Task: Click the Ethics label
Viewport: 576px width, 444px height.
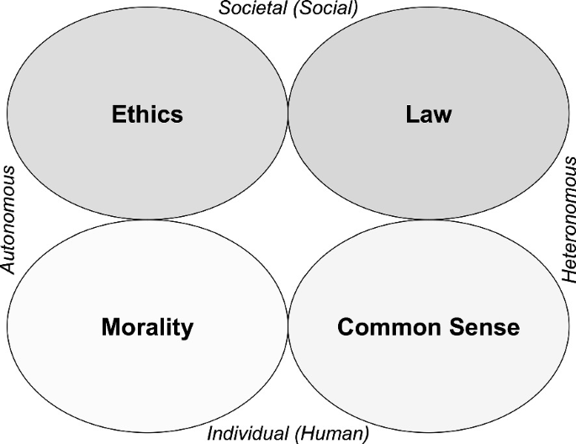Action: point(147,114)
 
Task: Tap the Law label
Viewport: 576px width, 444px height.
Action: point(428,114)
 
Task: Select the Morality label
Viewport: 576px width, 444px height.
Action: point(147,326)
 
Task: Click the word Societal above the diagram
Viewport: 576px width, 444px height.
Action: point(250,9)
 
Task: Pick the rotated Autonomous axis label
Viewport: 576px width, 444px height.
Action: point(9,219)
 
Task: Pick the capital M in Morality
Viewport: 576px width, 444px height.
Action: point(110,326)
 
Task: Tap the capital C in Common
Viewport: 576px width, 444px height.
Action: point(345,326)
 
